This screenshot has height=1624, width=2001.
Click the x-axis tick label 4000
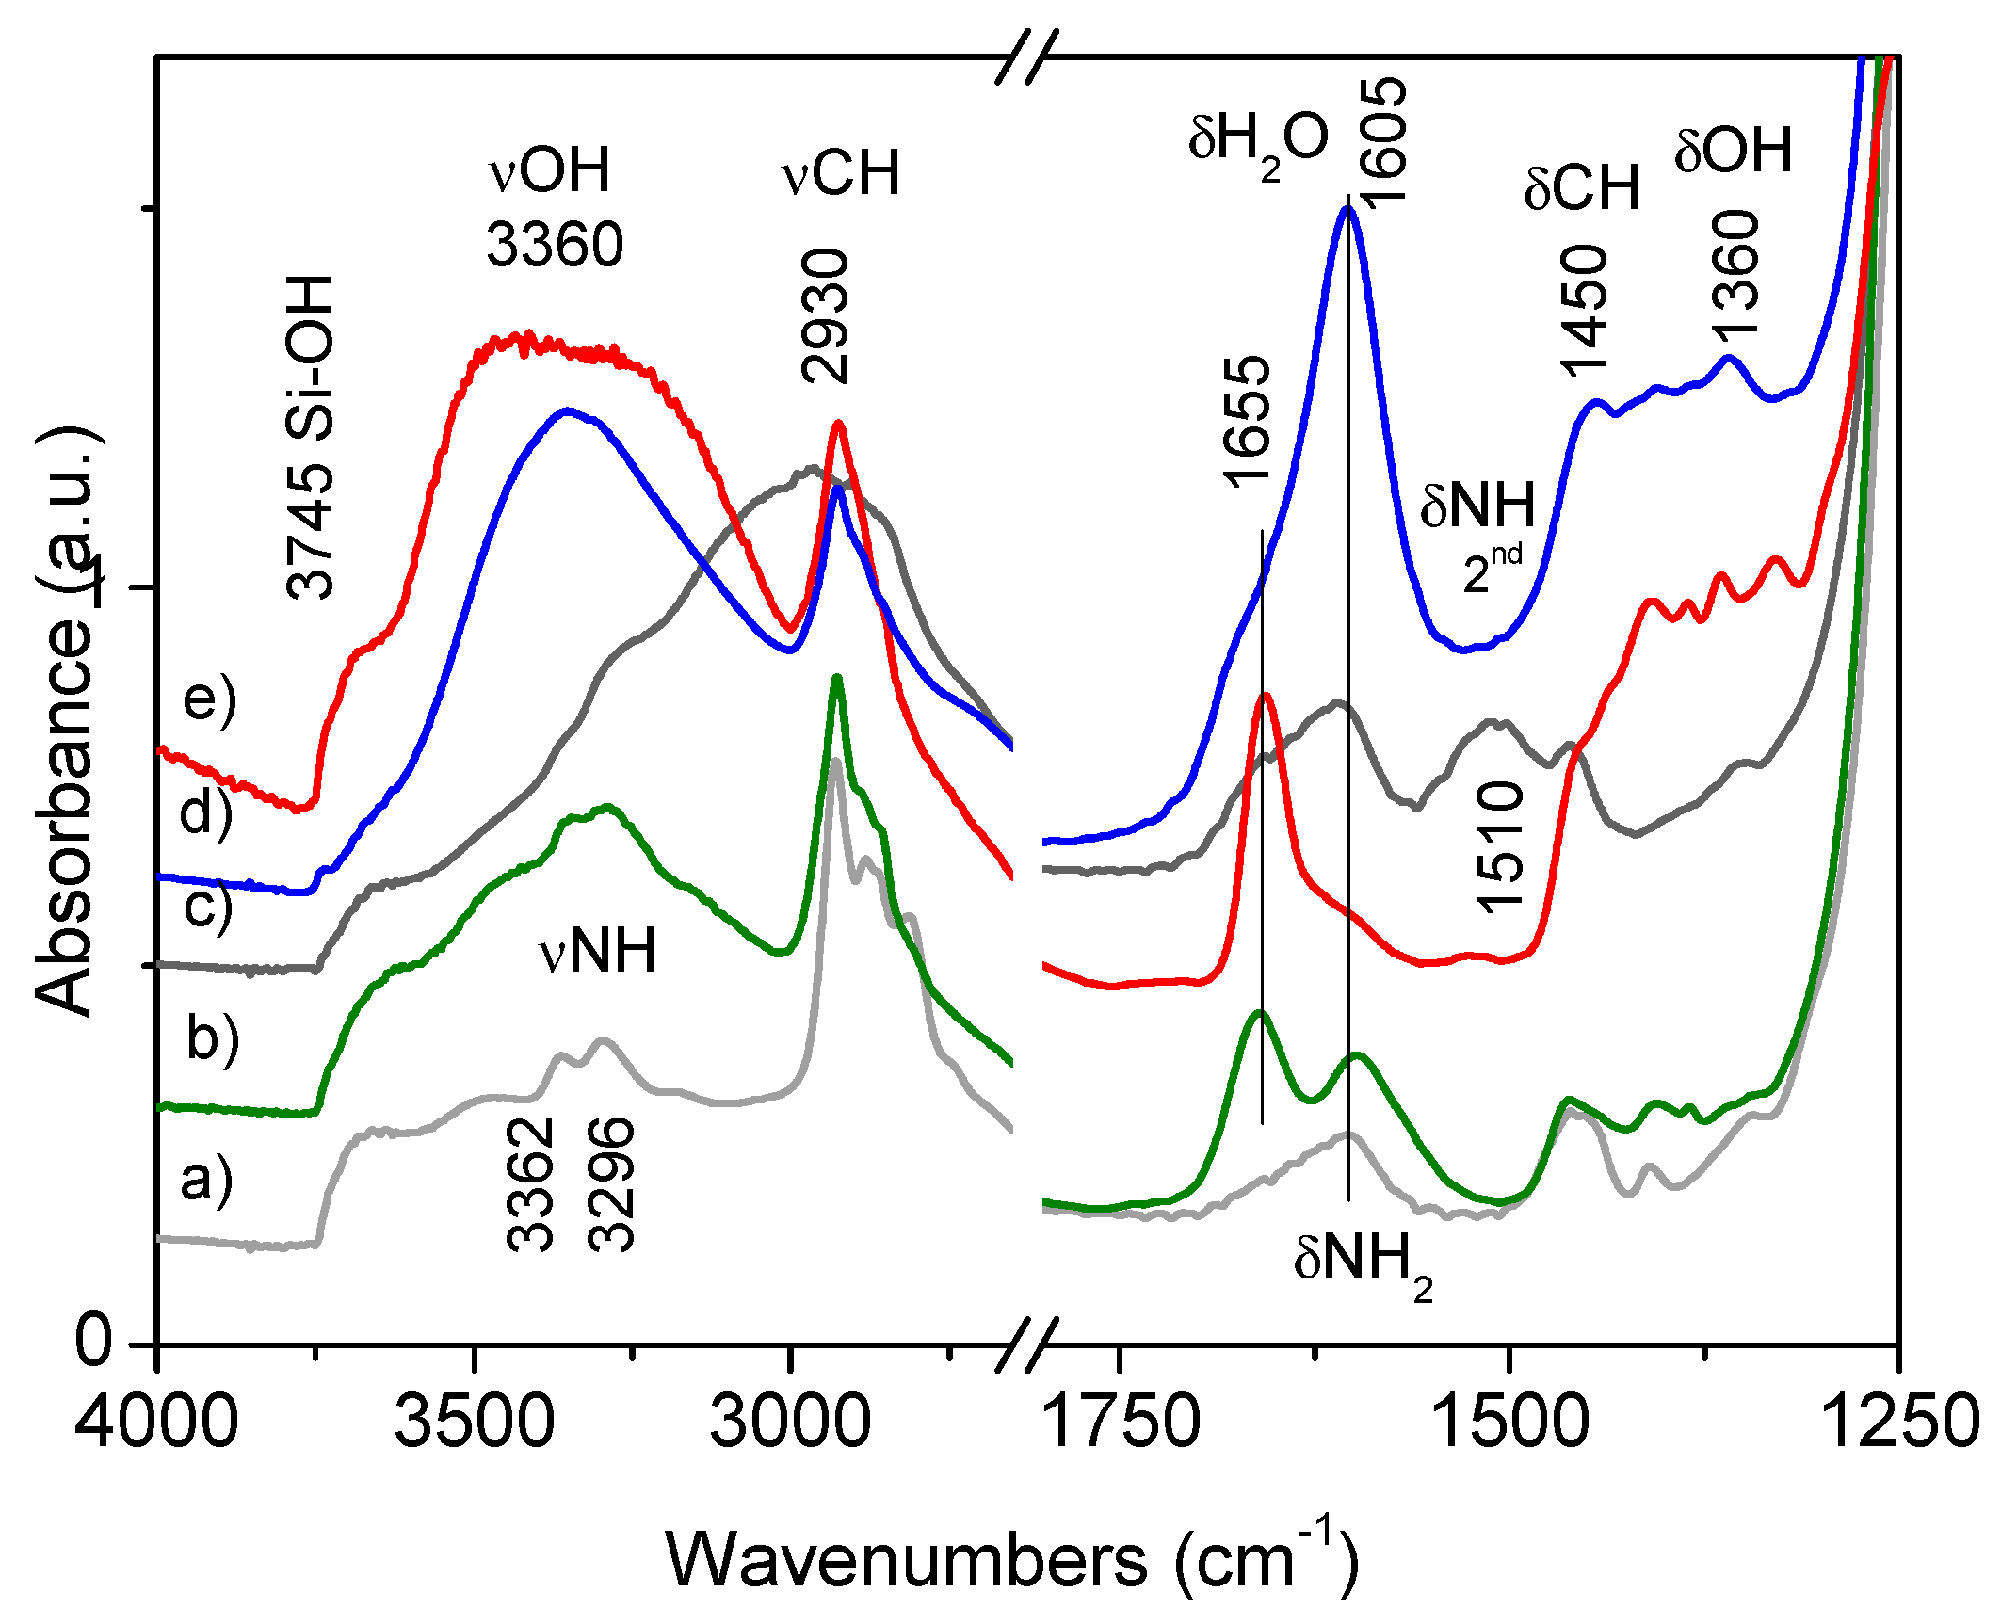click(157, 1423)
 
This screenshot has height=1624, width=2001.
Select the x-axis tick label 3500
click(474, 1423)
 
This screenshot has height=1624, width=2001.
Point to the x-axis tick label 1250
click(1900, 1423)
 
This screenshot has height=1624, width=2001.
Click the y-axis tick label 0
click(94, 1341)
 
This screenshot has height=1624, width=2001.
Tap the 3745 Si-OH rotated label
click(310, 438)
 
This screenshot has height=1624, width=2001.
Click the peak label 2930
click(825, 315)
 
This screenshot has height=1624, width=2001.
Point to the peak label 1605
click(1382, 141)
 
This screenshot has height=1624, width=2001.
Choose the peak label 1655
click(1248, 422)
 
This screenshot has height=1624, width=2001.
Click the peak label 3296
click(610, 1184)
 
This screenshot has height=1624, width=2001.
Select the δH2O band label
click(1258, 141)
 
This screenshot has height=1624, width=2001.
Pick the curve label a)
click(206, 1180)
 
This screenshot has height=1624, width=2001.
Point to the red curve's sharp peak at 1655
click(1266, 696)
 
